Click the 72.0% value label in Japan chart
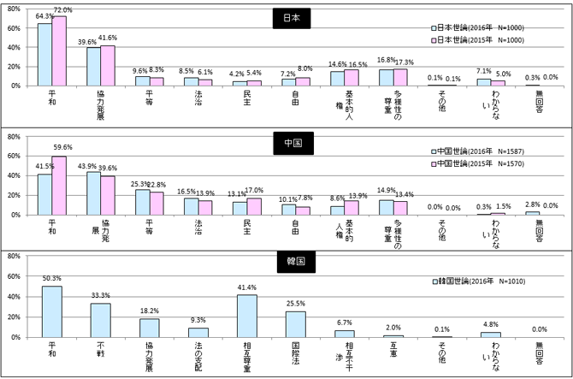tap(62, 9)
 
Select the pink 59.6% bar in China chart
tap(58, 186)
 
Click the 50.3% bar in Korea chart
tap(51, 311)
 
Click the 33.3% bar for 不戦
tap(100, 320)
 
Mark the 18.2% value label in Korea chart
tap(149, 310)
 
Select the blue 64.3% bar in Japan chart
tap(44, 55)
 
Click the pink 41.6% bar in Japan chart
tap(107, 66)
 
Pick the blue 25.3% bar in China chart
tap(142, 203)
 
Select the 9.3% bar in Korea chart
tap(198, 332)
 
